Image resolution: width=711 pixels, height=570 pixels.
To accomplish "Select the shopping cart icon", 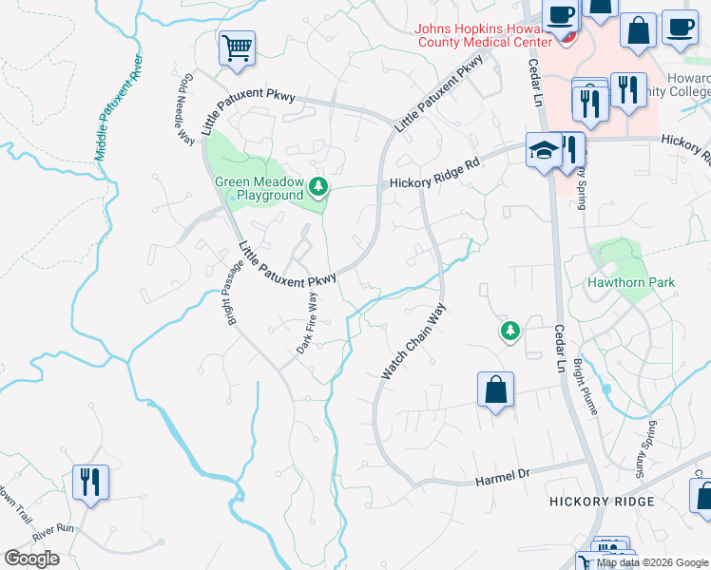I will [x=237, y=47].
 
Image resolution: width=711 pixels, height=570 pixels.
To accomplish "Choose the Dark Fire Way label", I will [x=305, y=323].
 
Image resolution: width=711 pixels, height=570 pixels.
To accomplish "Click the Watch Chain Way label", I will [x=413, y=342].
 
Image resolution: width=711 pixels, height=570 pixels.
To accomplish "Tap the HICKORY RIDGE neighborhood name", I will [x=602, y=501].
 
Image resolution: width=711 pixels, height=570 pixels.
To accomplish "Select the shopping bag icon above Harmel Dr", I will [x=495, y=389].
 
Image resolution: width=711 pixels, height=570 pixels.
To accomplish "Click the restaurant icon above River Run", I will [x=91, y=481].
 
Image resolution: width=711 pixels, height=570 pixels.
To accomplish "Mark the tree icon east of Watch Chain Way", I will [x=510, y=331].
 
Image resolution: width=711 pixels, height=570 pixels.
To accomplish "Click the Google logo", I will [x=31, y=558].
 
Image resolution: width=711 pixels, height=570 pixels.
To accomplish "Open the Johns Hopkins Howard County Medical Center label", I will [x=483, y=34].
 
